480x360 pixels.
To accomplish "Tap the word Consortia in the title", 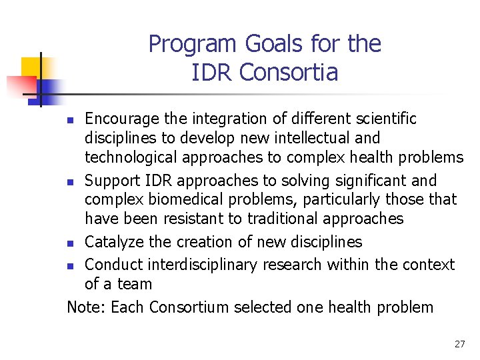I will [289, 72].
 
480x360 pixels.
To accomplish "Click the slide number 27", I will [459, 344].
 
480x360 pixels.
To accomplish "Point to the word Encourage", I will [122, 119].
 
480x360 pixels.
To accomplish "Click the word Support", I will [112, 181].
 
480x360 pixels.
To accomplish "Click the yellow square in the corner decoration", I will [32, 67].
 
